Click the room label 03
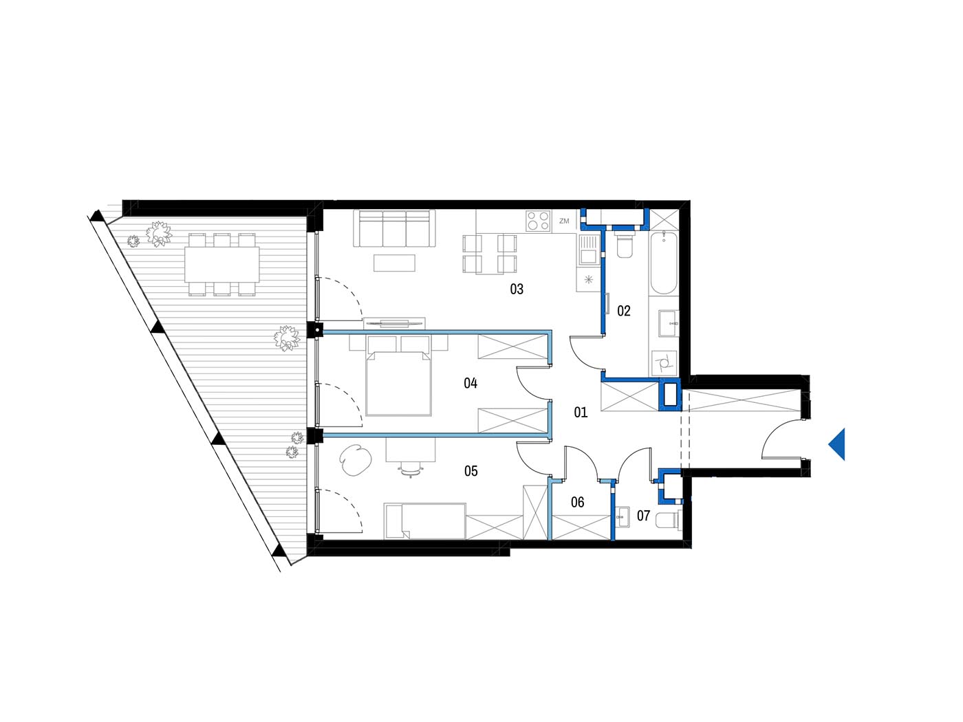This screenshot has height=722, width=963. [x=517, y=289]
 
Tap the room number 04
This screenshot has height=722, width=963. [x=470, y=383]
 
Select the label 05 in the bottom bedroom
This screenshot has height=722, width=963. [x=470, y=471]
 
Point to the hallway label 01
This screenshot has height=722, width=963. [x=581, y=412]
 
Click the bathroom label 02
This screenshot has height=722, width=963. [x=623, y=311]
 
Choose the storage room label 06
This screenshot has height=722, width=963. [x=577, y=502]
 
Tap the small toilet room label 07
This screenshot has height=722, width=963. [x=643, y=516]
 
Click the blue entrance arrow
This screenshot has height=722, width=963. [x=836, y=444]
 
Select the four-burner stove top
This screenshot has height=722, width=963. [x=539, y=221]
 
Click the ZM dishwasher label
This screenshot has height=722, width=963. [x=564, y=221]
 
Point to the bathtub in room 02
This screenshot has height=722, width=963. [x=663, y=263]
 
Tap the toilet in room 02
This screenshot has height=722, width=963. [x=625, y=246]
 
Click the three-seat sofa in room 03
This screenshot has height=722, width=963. [x=395, y=228]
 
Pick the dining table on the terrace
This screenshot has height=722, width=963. [x=222, y=264]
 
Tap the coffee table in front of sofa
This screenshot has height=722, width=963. [x=394, y=263]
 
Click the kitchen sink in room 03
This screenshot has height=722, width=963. [x=588, y=250]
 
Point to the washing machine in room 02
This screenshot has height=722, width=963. [x=664, y=363]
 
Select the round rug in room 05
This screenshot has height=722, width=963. [x=356, y=460]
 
